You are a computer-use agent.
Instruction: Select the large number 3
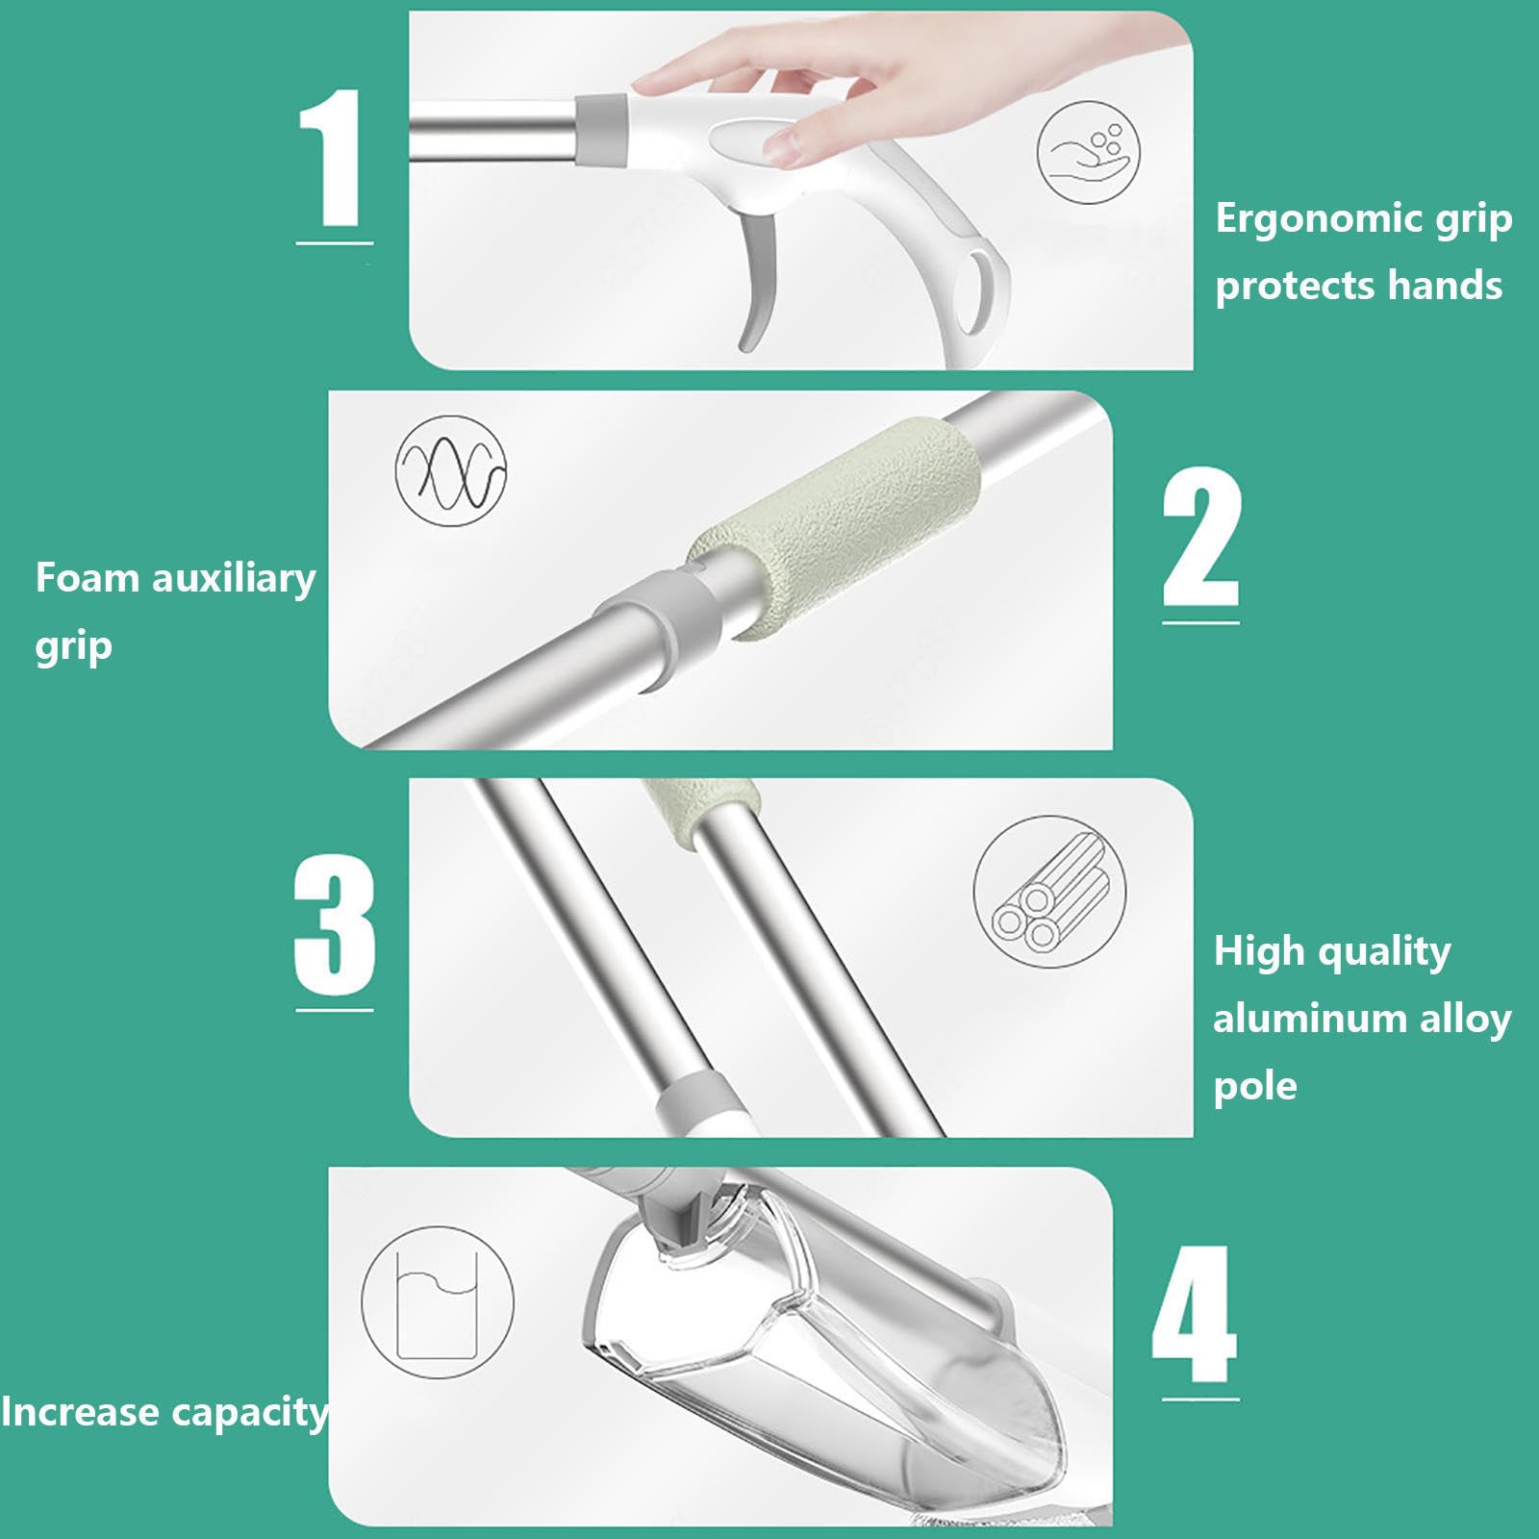tap(334, 925)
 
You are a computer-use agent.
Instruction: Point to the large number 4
tap(1195, 1314)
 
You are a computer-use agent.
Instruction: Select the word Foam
tap(88, 578)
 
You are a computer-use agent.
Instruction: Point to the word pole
tap(1255, 1088)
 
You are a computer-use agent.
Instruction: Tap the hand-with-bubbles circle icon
tap(1089, 152)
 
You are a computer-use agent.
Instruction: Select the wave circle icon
tap(451, 470)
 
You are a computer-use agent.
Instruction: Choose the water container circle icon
tap(438, 1301)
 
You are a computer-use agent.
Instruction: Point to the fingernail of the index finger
tap(780, 145)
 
